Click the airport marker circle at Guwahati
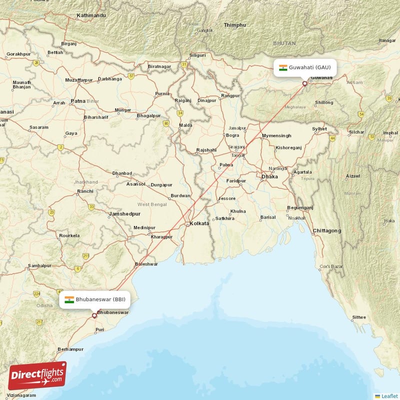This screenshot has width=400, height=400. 304,83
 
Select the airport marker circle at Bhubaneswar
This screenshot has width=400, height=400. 94,315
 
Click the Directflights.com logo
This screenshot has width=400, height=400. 37,375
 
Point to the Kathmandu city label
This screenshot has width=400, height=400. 91,16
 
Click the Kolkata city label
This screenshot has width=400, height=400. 199,223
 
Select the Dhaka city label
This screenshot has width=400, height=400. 269,176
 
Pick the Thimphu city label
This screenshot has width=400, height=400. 234,25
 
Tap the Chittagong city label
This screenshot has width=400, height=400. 326,230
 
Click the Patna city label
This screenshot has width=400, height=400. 78,100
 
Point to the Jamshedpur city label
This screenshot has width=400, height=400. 124,214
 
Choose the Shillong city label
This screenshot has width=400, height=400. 323,102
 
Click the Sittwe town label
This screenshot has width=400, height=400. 358,317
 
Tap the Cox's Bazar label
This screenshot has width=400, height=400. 331,266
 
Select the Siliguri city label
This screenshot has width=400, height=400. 198,55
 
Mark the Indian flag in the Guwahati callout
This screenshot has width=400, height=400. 283,67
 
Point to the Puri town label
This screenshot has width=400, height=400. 99,329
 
